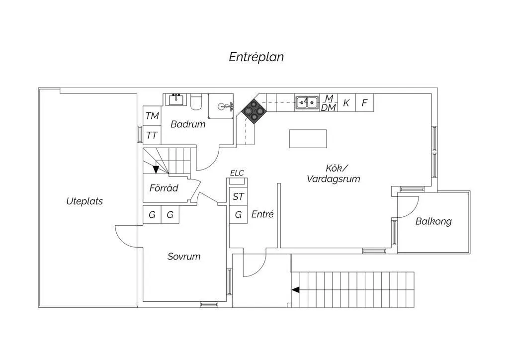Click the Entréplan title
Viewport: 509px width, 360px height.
(256, 57)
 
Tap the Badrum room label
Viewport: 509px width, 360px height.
(188, 124)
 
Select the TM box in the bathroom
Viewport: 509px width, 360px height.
(152, 116)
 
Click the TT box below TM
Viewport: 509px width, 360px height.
(152, 135)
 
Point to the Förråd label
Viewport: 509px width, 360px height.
(164, 188)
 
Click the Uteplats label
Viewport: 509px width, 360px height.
(85, 201)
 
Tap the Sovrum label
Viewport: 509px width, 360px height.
(184, 257)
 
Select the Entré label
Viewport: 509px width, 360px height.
(262, 214)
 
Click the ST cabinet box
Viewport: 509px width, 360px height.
(239, 196)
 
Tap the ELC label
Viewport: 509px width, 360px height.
(237, 173)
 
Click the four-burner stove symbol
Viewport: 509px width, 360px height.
(253, 111)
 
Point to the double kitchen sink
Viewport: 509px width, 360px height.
(307, 103)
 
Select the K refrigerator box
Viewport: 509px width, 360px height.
(346, 103)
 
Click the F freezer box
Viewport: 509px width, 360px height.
(364, 103)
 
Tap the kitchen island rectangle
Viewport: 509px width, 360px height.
(308, 139)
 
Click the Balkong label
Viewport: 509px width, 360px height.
(433, 221)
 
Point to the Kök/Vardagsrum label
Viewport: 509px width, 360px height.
(333, 174)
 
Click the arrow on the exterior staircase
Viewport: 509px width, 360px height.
(296, 289)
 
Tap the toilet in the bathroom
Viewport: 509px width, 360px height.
(195, 102)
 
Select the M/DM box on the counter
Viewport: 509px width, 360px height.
(329, 103)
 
